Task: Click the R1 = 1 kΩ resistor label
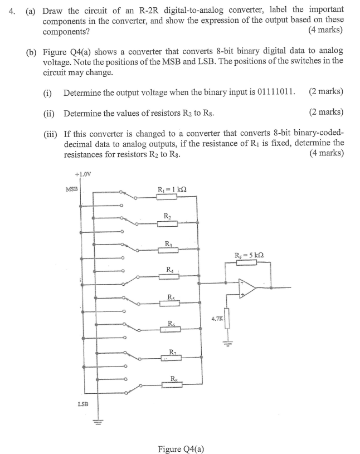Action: tap(172, 189)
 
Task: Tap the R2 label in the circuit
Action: tap(167, 215)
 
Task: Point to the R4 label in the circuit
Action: tap(169, 270)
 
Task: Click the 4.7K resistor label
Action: tap(217, 319)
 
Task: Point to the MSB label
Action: tap(71, 189)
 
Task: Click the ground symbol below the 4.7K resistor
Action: tap(227, 341)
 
